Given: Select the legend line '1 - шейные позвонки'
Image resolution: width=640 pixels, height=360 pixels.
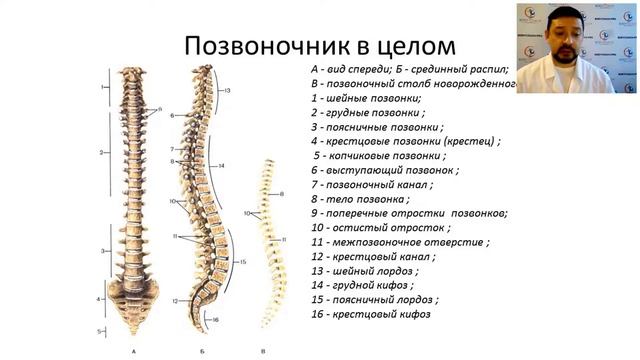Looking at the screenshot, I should pyautogui.click(x=365, y=99).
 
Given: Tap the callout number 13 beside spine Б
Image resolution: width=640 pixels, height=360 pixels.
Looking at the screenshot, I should pyautogui.click(x=228, y=91).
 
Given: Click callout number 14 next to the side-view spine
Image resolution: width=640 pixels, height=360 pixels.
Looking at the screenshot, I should pyautogui.click(x=220, y=164).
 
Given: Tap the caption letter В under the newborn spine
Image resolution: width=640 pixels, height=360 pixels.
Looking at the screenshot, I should pyautogui.click(x=263, y=350).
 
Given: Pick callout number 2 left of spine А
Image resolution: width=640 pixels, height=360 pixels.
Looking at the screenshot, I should pyautogui.click(x=103, y=152).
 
